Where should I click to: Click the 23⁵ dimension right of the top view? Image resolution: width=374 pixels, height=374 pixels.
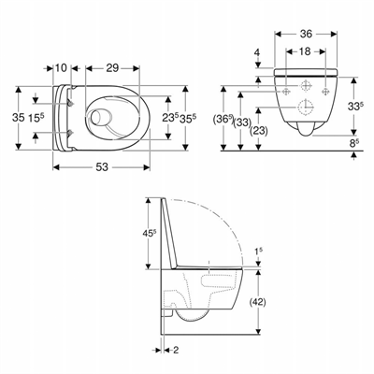168,118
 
